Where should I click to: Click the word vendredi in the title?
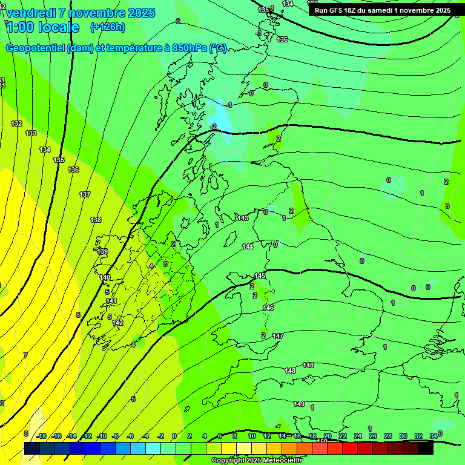click(x=30, y=13)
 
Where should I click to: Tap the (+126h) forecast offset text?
click(x=107, y=27)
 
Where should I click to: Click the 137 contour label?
click(x=85, y=194)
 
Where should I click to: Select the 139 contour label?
click(x=102, y=251)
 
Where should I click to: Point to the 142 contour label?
click(x=117, y=323)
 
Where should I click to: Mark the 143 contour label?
click(x=243, y=218)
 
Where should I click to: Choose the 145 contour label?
click(x=260, y=275)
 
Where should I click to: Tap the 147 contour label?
click(x=278, y=335)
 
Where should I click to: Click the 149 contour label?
click(x=299, y=404)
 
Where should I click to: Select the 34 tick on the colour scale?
click(x=434, y=436)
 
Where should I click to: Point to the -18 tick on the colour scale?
click(x=41, y=436)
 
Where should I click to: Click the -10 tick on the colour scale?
click(x=102, y=436)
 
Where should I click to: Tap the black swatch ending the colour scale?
click(x=426, y=449)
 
